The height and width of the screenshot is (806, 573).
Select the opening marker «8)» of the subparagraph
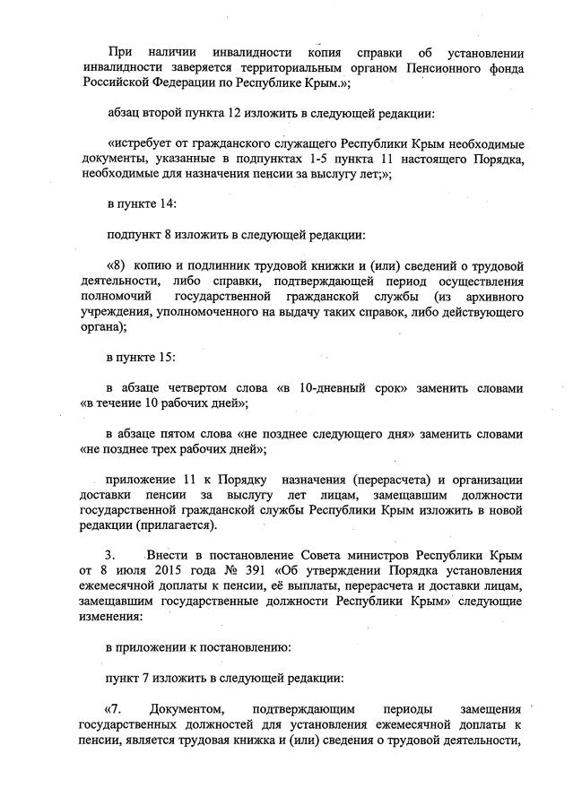coord(117,266)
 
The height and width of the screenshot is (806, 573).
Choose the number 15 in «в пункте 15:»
coord(164,359)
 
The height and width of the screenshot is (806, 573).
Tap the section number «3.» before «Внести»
coord(111,557)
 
